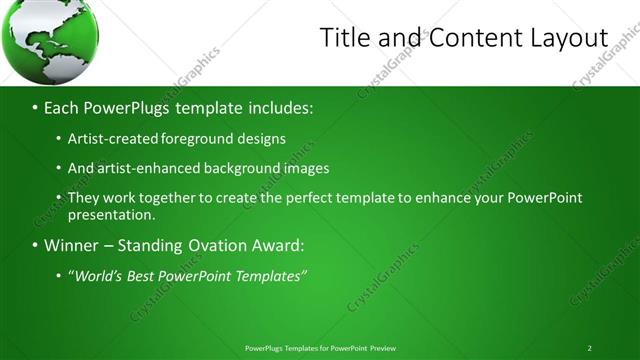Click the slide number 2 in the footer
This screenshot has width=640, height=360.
pyautogui.click(x=590, y=348)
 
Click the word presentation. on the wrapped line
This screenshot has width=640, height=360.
pyautogui.click(x=111, y=214)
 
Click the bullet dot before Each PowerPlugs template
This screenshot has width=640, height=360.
pyautogui.click(x=36, y=107)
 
